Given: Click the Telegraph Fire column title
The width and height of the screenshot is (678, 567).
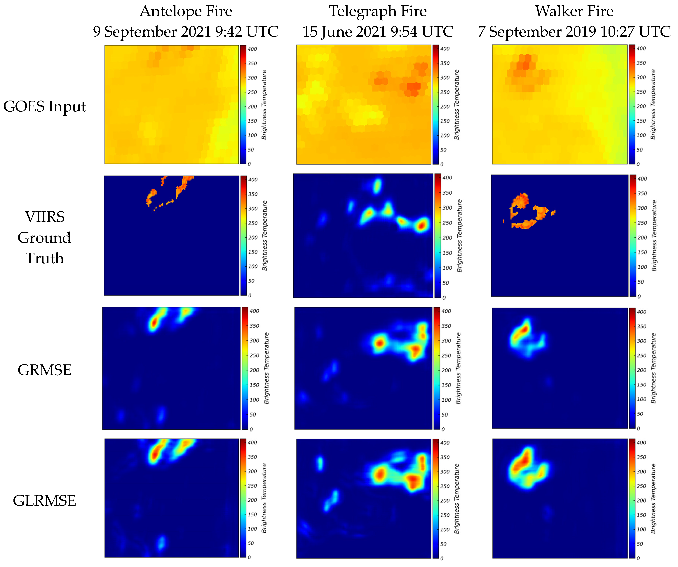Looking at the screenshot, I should coord(378,11).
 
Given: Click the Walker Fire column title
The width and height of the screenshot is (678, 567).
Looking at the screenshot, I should coord(574,11).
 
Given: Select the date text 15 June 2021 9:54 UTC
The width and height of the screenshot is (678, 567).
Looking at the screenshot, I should coord(378,32).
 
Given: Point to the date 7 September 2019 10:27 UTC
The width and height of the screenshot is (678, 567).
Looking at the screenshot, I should coord(574,32).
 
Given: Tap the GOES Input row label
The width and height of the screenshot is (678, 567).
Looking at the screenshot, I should coord(45,106).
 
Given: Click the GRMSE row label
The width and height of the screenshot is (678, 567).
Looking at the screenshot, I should coord(45,370).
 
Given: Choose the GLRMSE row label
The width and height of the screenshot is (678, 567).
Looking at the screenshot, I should coord(45,501).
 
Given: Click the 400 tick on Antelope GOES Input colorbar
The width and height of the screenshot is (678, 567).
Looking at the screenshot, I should coord(252,49).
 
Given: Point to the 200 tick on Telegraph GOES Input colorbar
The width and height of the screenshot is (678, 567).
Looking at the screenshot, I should coord(445,106).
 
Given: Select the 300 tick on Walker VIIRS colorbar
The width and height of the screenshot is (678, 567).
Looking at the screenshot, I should coord(642,208).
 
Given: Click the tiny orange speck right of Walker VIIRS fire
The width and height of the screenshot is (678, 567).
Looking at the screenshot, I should coord(553,212).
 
